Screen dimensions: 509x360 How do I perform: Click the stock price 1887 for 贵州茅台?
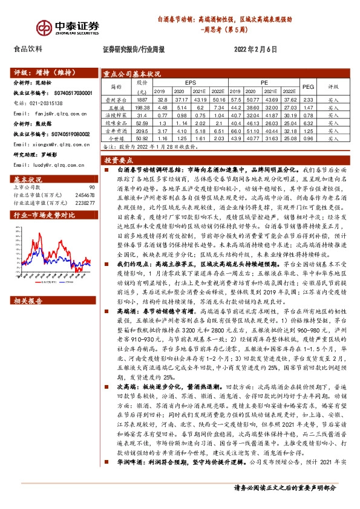click(142, 99)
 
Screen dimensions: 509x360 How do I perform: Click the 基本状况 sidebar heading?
click(28, 180)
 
